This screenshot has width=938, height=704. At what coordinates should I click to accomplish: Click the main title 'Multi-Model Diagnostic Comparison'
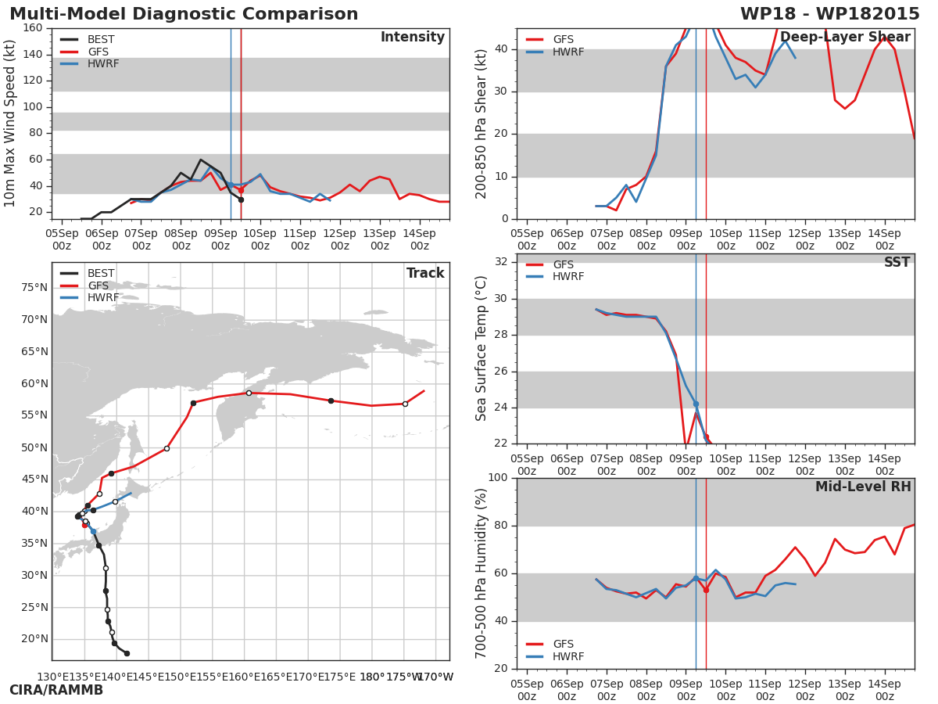coord(184,14)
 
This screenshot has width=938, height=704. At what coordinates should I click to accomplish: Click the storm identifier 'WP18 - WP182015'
coord(829,14)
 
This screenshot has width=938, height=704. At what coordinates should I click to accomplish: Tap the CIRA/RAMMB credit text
coord(55,690)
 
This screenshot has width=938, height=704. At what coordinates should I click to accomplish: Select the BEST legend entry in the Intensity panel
coord(101,40)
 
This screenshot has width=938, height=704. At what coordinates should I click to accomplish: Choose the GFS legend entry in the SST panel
coord(563,265)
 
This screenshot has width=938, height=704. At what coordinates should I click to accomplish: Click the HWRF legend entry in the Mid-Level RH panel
coord(568,656)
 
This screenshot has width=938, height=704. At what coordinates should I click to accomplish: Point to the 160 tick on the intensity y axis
coord(33,28)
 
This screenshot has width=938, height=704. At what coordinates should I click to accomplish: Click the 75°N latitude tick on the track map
coord(34,287)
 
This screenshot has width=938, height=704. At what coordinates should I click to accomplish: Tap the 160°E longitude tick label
coord(244,677)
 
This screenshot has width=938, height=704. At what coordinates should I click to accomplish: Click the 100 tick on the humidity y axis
coord(496,477)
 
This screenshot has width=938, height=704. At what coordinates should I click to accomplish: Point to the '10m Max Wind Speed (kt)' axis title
coord(10,124)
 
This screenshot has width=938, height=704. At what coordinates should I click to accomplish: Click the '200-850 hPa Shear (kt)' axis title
coord(482,124)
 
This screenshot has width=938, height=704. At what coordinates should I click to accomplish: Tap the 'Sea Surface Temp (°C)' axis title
coord(482,348)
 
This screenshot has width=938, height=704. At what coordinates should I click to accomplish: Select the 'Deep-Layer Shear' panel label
coord(845,38)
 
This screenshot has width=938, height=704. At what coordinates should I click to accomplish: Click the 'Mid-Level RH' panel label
coord(863,487)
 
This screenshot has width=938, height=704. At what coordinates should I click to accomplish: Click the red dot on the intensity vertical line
coord(241,190)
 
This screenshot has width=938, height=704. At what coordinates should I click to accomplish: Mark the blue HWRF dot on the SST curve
coord(696,404)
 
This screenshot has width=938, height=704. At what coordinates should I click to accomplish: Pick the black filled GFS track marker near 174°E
coord(331,400)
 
